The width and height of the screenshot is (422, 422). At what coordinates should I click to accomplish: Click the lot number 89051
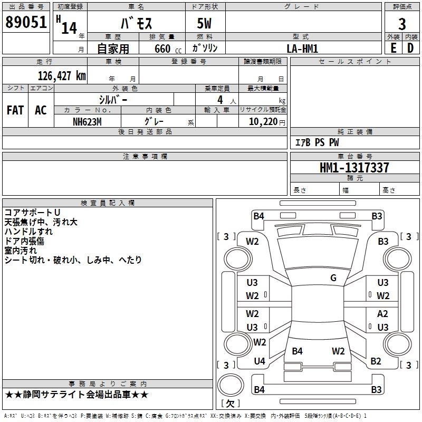(x=26, y=22)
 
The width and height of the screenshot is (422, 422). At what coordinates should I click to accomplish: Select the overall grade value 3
(x=402, y=24)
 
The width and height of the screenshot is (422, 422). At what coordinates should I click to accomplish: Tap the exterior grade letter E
(x=394, y=48)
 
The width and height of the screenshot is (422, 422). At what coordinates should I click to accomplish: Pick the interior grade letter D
(x=410, y=48)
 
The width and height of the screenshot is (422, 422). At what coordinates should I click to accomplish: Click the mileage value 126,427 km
(x=62, y=76)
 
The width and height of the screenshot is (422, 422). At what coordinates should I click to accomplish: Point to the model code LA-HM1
(x=302, y=49)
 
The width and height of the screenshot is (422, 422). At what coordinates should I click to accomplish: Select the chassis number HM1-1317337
(x=354, y=168)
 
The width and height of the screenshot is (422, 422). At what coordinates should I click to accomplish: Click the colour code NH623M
(x=87, y=122)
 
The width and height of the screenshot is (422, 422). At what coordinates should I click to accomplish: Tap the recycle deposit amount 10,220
(x=263, y=122)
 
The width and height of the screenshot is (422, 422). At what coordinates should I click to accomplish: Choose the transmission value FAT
(x=15, y=110)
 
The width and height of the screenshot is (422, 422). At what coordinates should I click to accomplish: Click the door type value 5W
(x=204, y=23)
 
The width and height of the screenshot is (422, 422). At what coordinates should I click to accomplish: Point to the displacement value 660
(x=162, y=49)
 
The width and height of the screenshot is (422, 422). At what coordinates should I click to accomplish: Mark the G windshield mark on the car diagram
(x=333, y=278)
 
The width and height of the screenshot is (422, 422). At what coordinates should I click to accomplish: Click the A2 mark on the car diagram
(x=382, y=314)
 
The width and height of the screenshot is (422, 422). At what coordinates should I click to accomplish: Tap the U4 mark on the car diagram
(x=260, y=361)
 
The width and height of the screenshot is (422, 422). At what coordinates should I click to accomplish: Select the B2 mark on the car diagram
(x=376, y=361)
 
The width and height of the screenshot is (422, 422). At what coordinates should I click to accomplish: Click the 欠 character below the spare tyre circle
(x=230, y=404)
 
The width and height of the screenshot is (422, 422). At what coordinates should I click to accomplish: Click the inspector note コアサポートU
(x=32, y=213)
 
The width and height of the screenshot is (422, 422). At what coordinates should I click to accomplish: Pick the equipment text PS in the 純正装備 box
(x=320, y=142)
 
